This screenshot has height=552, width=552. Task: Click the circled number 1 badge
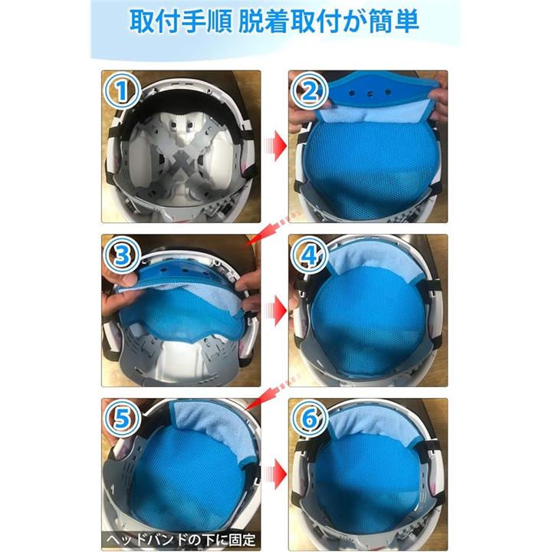tap(121, 90)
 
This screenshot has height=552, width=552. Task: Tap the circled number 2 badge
tap(310, 90)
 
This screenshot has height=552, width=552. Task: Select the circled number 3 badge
tap(121, 255)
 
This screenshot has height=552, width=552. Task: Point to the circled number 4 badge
tap(310, 255)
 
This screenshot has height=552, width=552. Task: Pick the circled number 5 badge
tap(121, 419)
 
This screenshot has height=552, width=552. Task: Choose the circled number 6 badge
tap(310, 419)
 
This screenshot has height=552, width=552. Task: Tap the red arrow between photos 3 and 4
tap(275, 310)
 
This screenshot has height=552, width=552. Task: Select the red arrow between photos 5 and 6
tap(275, 474)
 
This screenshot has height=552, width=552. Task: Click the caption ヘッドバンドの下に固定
tap(181, 540)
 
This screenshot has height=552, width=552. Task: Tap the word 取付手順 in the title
tap(180, 21)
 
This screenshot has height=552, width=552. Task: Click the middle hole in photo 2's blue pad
tap(370, 94)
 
